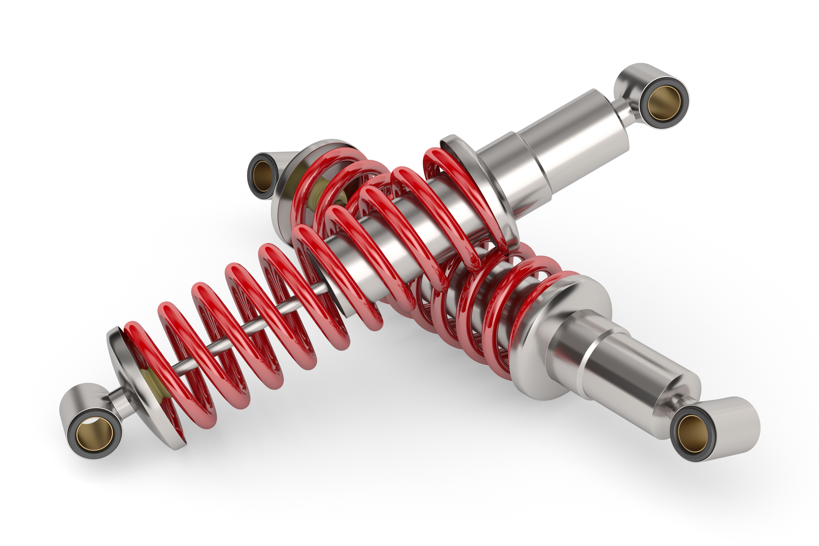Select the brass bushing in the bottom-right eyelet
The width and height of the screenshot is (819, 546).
tap(693, 434)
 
